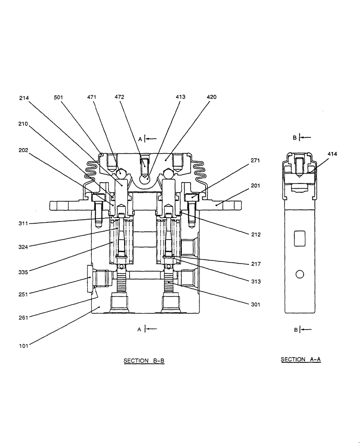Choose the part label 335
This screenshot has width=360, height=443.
pyautogui.click(x=23, y=272)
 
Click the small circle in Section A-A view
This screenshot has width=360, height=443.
pyautogui.click(x=300, y=275)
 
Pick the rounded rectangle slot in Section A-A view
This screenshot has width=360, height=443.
pyautogui.click(x=300, y=238)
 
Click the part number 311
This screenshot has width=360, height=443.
pyautogui.click(x=23, y=224)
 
